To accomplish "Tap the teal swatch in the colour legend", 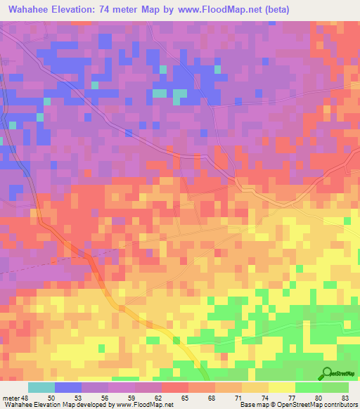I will pyautogui.click(x=41, y=388).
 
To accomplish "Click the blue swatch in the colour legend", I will pyautogui.click(x=67, y=388).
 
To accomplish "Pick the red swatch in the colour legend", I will pyautogui.click(x=174, y=388).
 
